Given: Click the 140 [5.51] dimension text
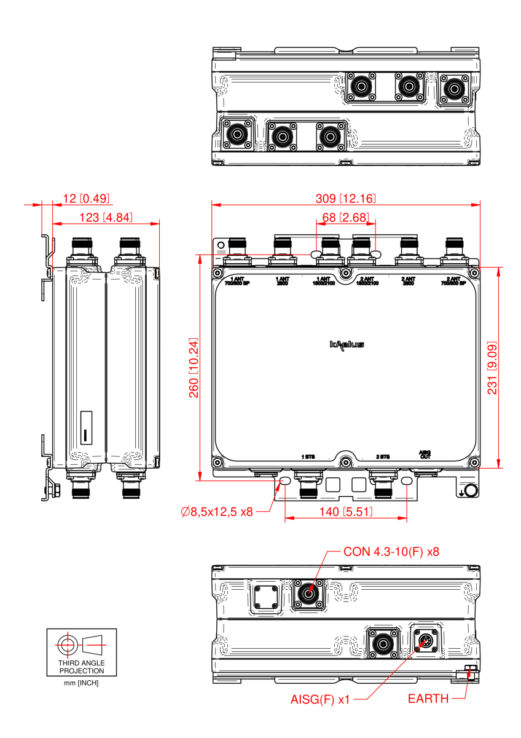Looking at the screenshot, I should [346, 511].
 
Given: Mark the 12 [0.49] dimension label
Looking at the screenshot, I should [86, 198].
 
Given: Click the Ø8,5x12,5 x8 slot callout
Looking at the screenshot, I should [217, 511].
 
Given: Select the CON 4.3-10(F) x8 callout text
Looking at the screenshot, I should [391, 552].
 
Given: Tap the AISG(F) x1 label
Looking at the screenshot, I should [319, 699].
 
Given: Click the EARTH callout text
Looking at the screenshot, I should [428, 699].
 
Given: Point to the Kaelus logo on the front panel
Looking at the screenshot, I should [346, 345].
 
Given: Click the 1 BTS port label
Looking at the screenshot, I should [307, 457].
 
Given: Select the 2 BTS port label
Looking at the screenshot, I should [383, 457].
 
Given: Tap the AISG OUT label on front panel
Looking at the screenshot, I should [425, 454].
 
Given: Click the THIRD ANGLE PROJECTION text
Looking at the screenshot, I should [81, 667].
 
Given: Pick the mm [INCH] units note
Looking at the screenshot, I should [81, 683].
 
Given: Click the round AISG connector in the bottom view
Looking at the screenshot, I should [425, 642].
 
